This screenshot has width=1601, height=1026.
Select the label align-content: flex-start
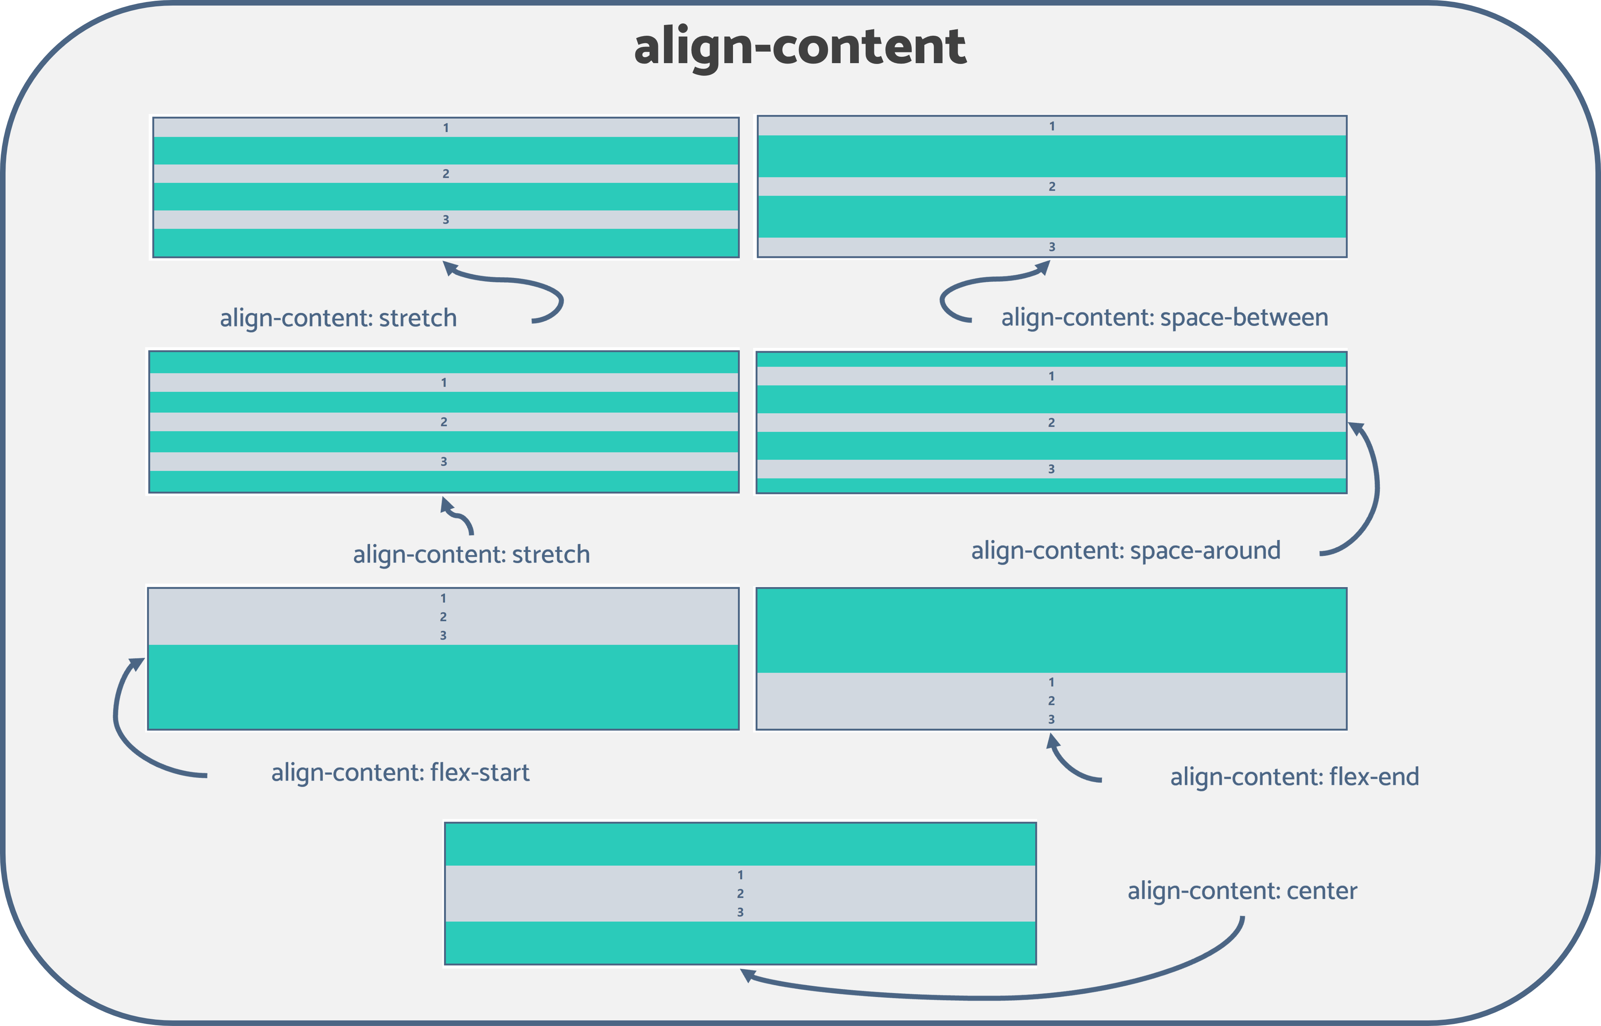pyautogui.click(x=400, y=772)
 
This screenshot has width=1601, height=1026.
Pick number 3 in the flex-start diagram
pyautogui.click(x=443, y=636)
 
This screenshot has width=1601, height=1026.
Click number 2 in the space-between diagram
pyautogui.click(x=1051, y=187)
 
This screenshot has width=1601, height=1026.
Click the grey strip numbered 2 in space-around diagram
pyautogui.click(x=866, y=422)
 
